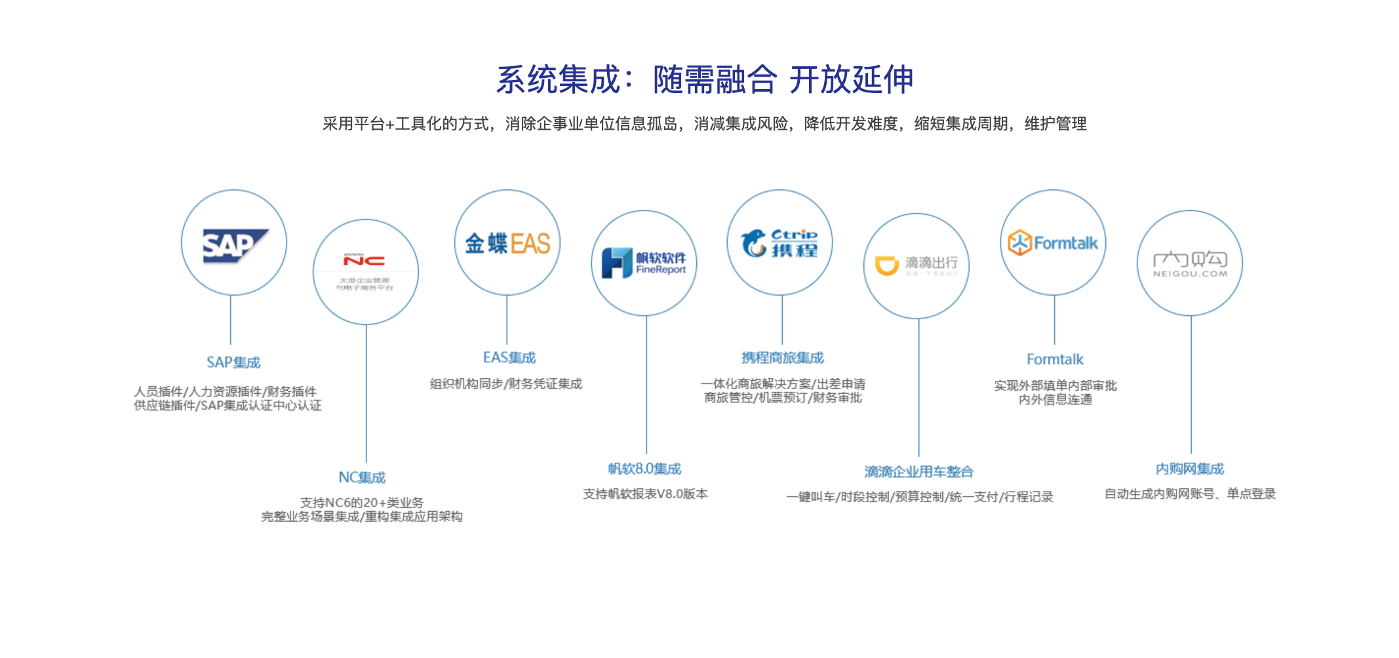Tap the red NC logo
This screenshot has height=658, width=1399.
(x=365, y=260)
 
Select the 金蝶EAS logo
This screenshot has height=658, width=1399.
(x=507, y=244)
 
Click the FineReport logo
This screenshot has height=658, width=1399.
(x=644, y=263)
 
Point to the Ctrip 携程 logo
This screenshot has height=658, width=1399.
(x=779, y=243)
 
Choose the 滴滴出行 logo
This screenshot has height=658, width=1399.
(x=916, y=265)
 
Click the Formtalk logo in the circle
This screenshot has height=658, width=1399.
(x=1053, y=243)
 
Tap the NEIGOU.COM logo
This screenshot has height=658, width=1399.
(x=1190, y=263)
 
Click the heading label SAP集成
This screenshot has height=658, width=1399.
(x=233, y=362)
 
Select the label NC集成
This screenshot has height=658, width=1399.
(x=362, y=477)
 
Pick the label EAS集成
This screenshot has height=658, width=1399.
(x=509, y=358)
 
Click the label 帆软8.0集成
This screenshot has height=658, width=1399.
(x=644, y=469)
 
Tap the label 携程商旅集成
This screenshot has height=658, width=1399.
(x=782, y=358)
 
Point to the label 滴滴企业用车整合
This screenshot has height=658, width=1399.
(x=918, y=472)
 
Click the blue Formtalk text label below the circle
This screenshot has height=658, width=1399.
(x=1055, y=359)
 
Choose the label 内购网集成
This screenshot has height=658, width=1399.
(x=1189, y=469)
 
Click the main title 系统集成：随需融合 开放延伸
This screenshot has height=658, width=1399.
(x=704, y=80)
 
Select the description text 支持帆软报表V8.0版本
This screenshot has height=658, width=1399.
(x=645, y=494)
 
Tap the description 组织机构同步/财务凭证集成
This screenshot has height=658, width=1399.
(x=506, y=384)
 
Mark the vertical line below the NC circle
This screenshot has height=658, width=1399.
(x=366, y=393)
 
